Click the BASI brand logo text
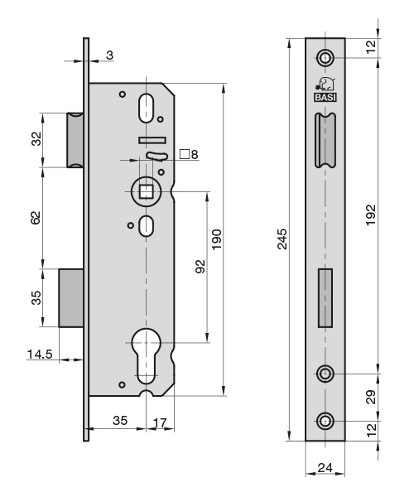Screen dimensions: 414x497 (x=325, y=98)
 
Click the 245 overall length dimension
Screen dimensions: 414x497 (x=282, y=239)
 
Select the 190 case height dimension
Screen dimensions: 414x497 (x=217, y=239)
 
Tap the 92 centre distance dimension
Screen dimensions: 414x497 (x=200, y=266)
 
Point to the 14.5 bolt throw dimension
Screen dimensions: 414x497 (x=40, y=354)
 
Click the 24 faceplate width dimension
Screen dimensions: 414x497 (x=325, y=467)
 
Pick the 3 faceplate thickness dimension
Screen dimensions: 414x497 (x=109, y=55)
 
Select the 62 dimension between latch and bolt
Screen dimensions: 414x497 (x=36, y=218)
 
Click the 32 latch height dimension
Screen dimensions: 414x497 (x=36, y=139)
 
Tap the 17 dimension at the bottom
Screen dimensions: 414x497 (x=160, y=422)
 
